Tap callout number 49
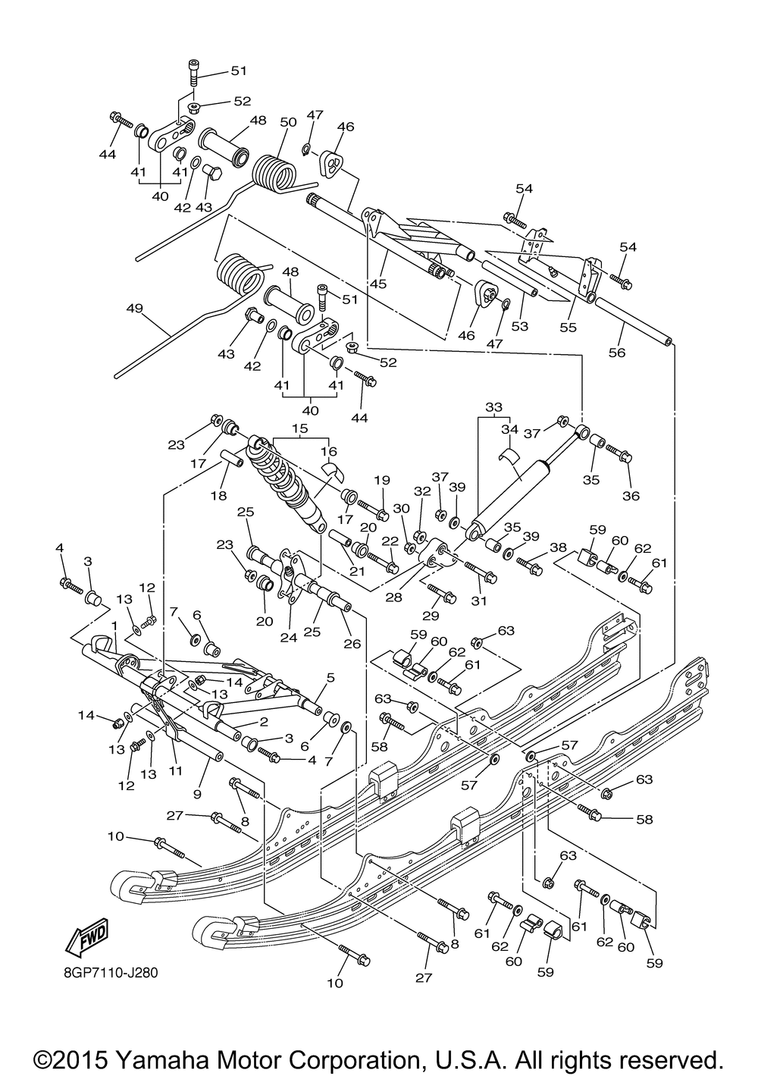pos(135,308)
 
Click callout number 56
pos(617,353)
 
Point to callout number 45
pos(378,284)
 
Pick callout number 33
pos(493,406)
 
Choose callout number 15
pos(299,428)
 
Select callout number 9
pos(197,795)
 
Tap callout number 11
pos(175,770)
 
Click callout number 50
pos(289,122)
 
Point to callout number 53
pos(520,326)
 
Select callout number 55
pos(568,327)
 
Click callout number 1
pos(114,625)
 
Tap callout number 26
pos(352,644)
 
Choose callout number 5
pos(330,678)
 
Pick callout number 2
pos(264,722)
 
